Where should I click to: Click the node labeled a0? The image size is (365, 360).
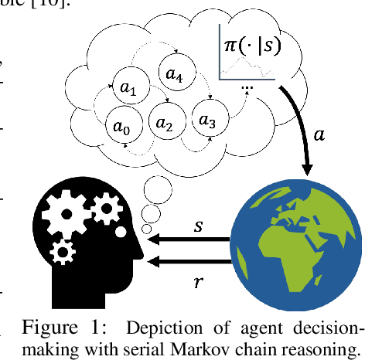pyautogui.click(x=120, y=127)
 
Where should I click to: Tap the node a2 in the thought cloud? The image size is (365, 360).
pyautogui.click(x=164, y=123)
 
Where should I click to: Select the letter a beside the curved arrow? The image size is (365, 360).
pyautogui.click(x=319, y=134)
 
